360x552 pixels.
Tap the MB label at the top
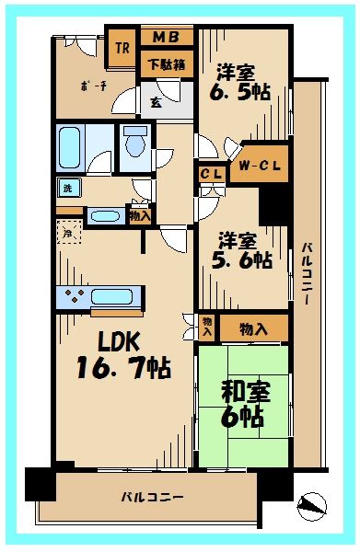coord(166,38)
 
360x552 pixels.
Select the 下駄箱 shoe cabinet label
coord(166,63)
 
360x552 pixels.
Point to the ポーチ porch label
coord(93,86)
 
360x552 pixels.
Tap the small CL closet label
coord(211,173)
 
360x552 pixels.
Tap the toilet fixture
coord(135,144)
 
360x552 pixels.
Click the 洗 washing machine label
coord(66,188)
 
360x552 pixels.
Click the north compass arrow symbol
coord(313,503)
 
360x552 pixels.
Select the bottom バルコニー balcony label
coord(152,498)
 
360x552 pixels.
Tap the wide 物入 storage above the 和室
coord(254,328)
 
